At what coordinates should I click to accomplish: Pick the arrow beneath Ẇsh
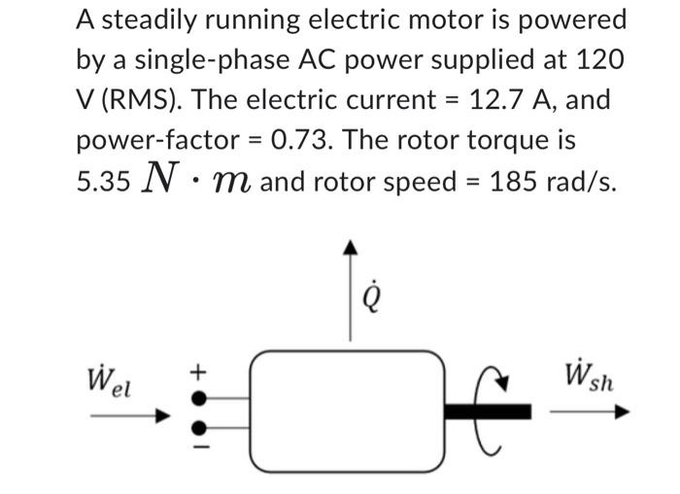coord(589,411)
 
